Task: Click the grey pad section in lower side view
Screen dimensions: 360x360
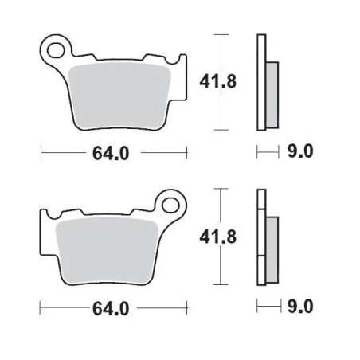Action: (x=270, y=248)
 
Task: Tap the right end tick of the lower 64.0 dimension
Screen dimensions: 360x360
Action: (x=187, y=307)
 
